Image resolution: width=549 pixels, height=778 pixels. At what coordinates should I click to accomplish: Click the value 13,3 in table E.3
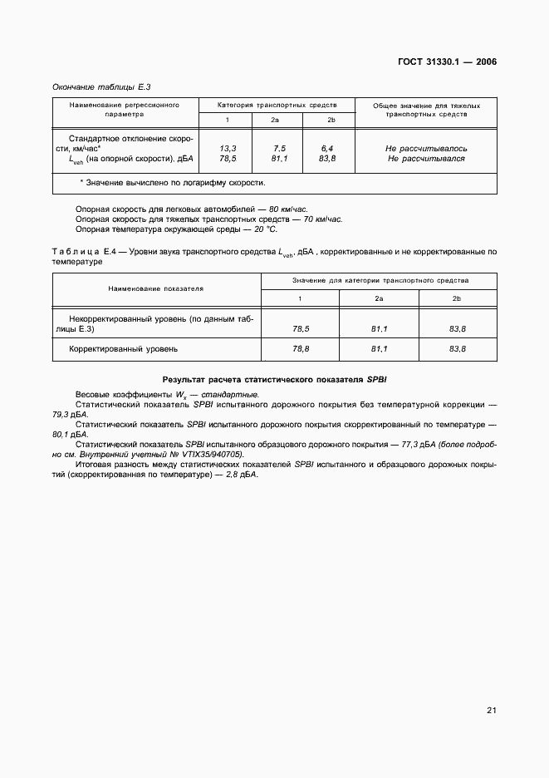pos(228,147)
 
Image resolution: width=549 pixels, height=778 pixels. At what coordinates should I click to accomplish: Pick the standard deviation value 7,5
pos(279,147)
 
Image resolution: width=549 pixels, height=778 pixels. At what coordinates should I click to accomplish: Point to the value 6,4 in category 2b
pos(327,147)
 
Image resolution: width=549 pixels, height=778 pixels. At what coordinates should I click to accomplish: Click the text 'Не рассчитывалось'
pos(425,147)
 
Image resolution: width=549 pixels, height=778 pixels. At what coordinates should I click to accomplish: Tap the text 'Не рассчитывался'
pos(425,158)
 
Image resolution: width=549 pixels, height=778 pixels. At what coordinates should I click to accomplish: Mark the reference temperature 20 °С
pos(262,229)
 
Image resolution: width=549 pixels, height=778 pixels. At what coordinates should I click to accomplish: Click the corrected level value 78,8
pos(301,349)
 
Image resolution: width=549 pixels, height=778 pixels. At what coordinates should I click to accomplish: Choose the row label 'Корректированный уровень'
pos(123,349)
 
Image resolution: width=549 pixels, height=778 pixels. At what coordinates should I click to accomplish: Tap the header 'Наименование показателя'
pos(156,288)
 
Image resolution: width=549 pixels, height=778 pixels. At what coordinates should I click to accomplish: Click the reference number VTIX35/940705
pos(207,455)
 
